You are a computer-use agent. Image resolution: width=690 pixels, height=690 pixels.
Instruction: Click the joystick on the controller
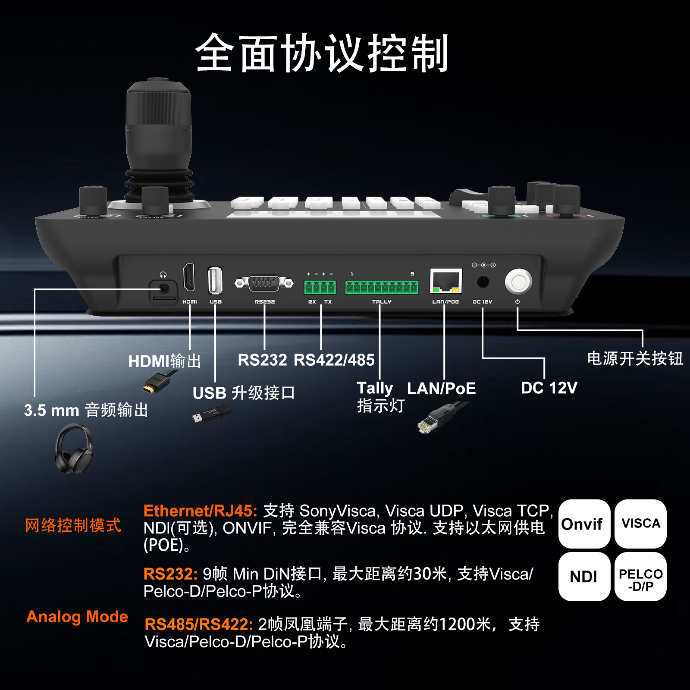pyautogui.click(x=159, y=142)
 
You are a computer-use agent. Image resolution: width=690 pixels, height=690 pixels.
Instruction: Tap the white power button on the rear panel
pyautogui.click(x=518, y=281)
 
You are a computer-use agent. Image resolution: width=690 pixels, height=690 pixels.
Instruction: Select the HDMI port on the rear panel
pyautogui.click(x=189, y=277)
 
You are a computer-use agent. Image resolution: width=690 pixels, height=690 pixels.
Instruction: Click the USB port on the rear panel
pyautogui.click(x=215, y=280)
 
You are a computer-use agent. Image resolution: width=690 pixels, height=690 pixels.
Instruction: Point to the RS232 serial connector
pyautogui.click(x=264, y=283)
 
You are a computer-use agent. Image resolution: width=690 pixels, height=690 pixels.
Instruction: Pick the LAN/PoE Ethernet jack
pyautogui.click(x=446, y=281)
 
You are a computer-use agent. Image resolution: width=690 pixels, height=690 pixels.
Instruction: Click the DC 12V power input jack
pyautogui.click(x=483, y=282)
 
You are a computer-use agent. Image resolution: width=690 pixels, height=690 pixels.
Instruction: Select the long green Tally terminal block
pyautogui.click(x=382, y=287)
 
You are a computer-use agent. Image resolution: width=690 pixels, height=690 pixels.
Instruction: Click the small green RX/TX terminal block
pyautogui.click(x=320, y=287)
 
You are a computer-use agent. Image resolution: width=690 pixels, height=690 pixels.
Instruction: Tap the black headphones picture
pyautogui.click(x=74, y=449)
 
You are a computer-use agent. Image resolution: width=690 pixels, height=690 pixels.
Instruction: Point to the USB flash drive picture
pyautogui.click(x=212, y=413)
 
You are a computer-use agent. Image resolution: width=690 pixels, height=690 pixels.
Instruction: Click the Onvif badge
pyautogui.click(x=584, y=524)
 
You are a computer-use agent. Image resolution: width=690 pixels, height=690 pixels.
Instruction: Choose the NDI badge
pyautogui.click(x=584, y=577)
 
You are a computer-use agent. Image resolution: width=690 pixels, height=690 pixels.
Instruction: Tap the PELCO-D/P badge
pyautogui.click(x=640, y=577)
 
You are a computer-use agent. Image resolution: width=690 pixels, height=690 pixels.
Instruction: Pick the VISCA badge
pyautogui.click(x=640, y=524)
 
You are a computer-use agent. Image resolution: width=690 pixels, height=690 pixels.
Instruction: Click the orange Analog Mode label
pyautogui.click(x=77, y=617)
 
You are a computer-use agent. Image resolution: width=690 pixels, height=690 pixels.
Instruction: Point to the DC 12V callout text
pyautogui.click(x=549, y=388)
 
